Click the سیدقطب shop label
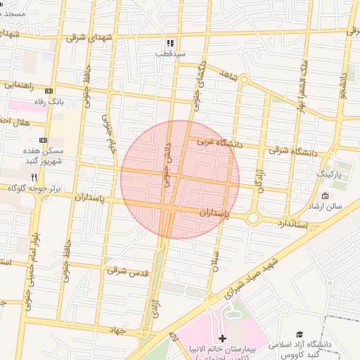[x=170, y=53]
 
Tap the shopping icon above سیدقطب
[x=170, y=43]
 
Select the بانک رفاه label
[x=51, y=102]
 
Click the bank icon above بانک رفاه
[x=49, y=91]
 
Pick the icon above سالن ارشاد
[x=325, y=195]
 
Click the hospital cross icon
[x=223, y=339]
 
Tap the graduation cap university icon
[x=300, y=335]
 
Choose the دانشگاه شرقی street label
[x=292, y=151]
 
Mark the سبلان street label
[x=215, y=261]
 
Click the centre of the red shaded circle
[x=180, y=179]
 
